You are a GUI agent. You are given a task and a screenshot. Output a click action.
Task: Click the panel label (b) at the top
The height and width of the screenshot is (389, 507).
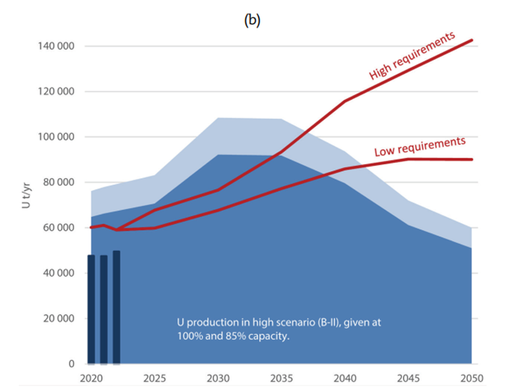[252, 20]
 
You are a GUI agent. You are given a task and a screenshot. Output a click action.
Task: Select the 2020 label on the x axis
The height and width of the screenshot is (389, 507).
[91, 377]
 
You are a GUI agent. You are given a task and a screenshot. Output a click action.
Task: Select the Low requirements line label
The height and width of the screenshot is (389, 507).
[420, 147]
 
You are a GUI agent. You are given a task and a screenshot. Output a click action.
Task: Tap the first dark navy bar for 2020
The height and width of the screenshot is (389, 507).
[91, 309]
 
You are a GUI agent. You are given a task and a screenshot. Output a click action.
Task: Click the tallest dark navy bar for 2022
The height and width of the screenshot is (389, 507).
[117, 307]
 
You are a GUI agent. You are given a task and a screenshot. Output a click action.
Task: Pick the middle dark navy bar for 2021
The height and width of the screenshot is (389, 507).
[104, 309]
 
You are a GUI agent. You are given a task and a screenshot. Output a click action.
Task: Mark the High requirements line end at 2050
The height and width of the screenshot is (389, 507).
[472, 40]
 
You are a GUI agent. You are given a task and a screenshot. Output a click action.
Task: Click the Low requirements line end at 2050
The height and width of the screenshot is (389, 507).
[472, 159]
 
